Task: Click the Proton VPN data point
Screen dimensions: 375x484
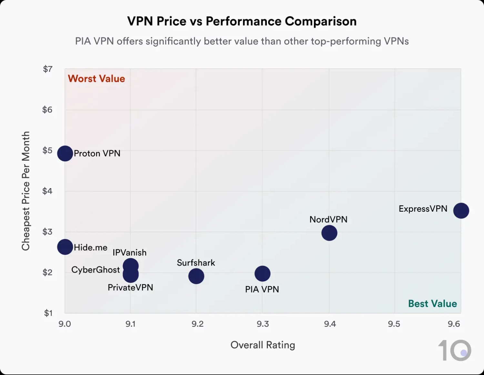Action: tap(65, 153)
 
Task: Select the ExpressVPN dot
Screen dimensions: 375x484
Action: tap(461, 211)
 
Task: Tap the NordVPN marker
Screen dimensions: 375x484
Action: tap(329, 233)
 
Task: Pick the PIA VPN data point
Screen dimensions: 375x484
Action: tap(262, 274)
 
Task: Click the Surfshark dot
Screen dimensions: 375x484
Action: tap(196, 276)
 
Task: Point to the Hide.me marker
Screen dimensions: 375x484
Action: tap(65, 247)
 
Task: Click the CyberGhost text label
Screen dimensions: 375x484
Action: tap(96, 270)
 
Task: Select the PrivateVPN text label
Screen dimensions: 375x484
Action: tap(130, 287)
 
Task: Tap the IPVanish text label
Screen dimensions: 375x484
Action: tap(129, 253)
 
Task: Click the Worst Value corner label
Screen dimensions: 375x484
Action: tap(96, 79)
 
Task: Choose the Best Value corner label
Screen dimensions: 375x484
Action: tap(432, 303)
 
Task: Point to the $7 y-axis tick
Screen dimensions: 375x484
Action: tap(47, 69)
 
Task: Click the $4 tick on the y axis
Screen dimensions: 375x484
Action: tap(47, 191)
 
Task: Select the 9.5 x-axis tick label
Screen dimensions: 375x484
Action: tap(394, 324)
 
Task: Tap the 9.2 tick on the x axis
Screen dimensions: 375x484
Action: tap(197, 324)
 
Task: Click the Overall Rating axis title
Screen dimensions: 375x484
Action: tap(263, 345)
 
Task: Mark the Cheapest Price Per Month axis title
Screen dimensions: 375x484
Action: tap(26, 191)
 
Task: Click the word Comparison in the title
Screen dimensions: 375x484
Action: tap(320, 21)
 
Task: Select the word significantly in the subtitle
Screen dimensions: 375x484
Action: tap(174, 41)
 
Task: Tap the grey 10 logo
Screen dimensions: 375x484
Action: tap(455, 350)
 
